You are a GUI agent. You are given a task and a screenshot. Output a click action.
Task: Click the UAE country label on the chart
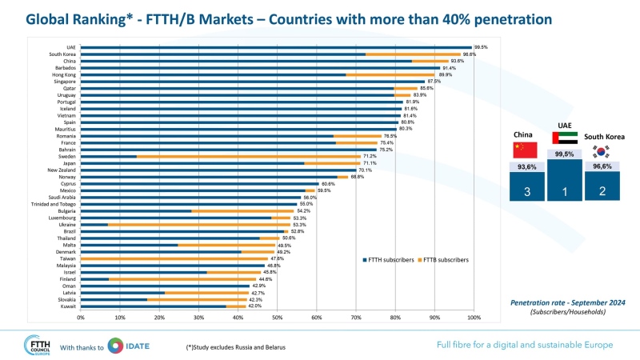(71, 47)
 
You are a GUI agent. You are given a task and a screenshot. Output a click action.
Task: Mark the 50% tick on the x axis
(277, 318)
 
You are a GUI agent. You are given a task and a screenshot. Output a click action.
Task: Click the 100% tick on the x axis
(474, 318)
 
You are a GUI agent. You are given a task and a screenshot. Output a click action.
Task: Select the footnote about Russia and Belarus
(237, 346)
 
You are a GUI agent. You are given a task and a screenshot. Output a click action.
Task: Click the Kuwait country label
(68, 306)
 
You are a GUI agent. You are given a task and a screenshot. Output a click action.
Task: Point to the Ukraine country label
(67, 224)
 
